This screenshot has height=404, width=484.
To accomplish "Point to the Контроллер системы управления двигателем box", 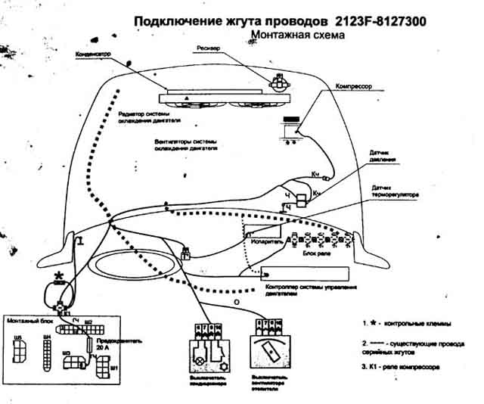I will (x=302, y=274).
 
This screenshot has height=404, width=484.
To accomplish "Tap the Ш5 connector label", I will (x=18, y=337).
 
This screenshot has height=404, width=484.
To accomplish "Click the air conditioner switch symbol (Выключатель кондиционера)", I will (x=206, y=343).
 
